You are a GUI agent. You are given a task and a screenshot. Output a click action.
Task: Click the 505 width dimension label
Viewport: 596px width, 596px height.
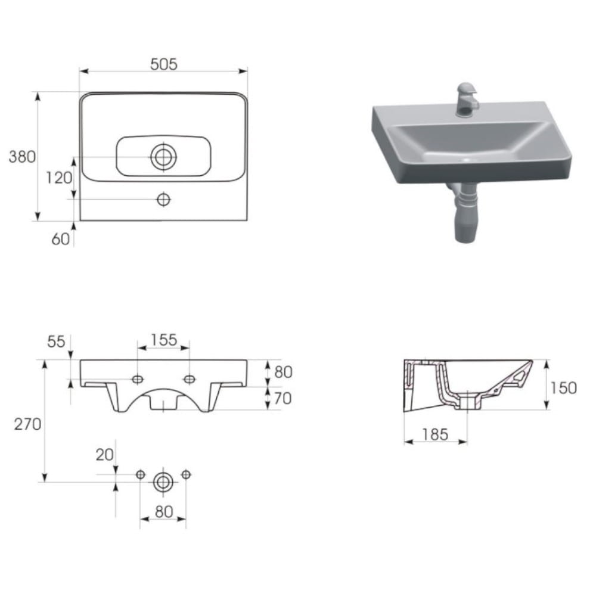[164, 64]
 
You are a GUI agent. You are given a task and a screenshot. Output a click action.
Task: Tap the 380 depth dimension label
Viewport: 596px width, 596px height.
[22, 157]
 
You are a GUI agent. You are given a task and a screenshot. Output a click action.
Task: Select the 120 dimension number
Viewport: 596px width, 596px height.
[59, 178]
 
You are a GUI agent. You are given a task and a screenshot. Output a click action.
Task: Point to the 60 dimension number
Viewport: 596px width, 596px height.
[60, 239]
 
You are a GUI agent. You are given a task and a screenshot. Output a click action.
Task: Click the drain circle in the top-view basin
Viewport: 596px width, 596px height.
[163, 157]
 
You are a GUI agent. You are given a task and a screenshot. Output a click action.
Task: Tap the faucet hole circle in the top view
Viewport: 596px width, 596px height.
[163, 199]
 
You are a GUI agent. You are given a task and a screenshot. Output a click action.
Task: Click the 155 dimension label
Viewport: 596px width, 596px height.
[164, 340]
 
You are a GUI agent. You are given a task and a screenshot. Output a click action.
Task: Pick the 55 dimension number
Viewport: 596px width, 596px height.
[56, 342]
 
